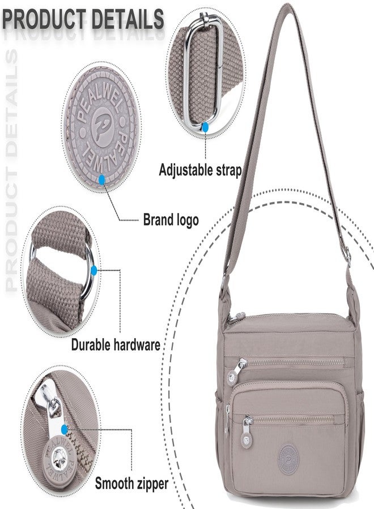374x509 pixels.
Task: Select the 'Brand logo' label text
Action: click(x=171, y=220)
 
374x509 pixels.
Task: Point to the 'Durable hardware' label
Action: click(x=116, y=344)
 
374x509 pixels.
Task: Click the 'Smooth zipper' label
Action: click(x=131, y=484)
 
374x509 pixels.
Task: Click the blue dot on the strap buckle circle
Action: click(x=205, y=127)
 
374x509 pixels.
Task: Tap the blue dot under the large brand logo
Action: click(x=102, y=179)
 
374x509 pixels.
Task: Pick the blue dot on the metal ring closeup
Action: click(x=94, y=270)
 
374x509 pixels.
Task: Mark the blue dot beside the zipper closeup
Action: click(x=65, y=429)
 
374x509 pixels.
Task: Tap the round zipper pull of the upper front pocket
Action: click(x=232, y=378)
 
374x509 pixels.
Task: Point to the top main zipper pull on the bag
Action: click(x=240, y=316)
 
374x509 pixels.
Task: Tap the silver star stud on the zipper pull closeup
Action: click(x=59, y=454)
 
